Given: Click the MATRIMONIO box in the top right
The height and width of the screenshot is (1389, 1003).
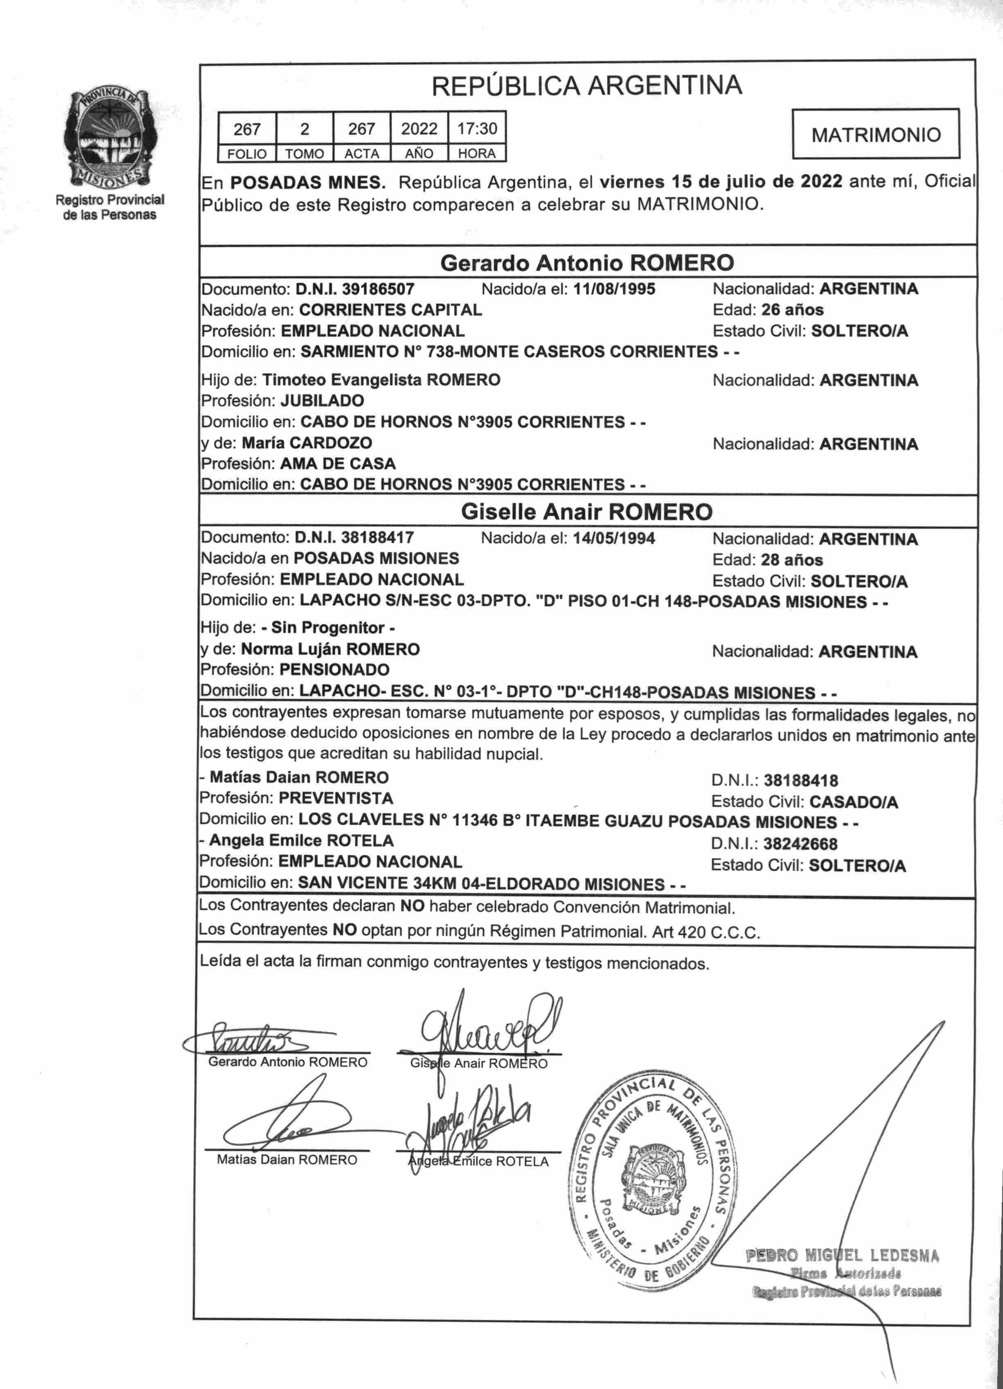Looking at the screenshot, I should pos(876,134).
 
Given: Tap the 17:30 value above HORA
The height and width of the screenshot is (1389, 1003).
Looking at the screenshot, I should pos(477,129).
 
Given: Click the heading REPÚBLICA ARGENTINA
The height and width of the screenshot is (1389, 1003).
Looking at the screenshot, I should pos(586,86).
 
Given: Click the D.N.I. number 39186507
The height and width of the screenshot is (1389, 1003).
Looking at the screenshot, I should pos(378,289).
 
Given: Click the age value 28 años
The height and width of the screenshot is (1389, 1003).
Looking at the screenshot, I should pos(792,560).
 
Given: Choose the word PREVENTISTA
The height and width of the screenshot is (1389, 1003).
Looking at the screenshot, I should pos(336,798).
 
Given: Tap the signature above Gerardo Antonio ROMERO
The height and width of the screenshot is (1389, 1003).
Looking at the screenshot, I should pos(245,1039).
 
